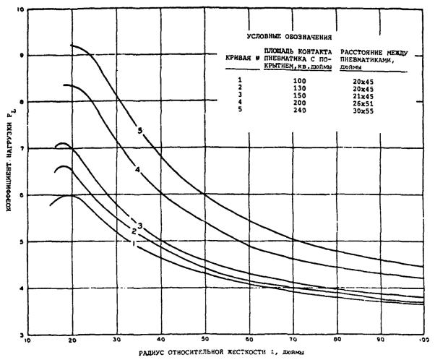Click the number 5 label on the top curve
[139, 130]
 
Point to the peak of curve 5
[72, 45]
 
